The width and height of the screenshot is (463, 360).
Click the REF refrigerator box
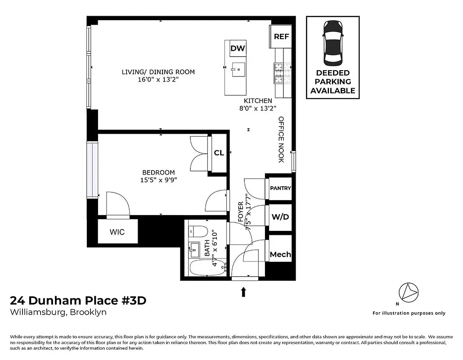[281, 36]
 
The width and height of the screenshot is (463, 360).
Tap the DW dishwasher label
[238, 49]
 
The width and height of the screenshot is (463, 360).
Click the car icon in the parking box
[333, 43]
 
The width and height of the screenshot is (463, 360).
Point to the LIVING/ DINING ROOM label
[158, 72]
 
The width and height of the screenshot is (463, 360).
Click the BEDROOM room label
[158, 172]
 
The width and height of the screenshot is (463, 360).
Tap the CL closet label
[219, 153]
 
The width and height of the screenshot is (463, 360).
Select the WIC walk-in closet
[117, 232]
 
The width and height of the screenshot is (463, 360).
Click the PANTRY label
[280, 189]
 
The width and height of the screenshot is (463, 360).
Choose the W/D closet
[280, 217]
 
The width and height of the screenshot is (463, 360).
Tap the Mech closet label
[280, 254]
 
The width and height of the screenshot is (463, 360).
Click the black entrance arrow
[243, 292]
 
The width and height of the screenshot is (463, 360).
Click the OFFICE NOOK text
[281, 139]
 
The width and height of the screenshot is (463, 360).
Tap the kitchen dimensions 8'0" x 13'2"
[258, 108]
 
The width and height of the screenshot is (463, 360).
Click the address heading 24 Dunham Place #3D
[78, 301]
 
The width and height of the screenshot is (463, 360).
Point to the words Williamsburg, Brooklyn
[58, 312]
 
